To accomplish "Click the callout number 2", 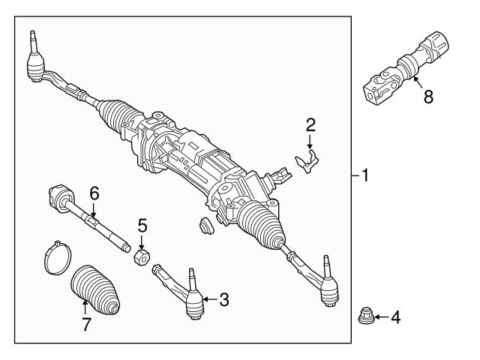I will pos(310,124).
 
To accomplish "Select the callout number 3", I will pos(223,300).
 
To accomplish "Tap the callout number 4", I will pos(394,317).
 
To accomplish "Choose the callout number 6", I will pos(93,193).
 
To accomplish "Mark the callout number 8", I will pos(427,97).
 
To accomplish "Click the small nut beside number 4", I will pos(365,316).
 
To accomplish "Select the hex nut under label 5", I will pos(140,257).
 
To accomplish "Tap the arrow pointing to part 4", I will pos(380,317).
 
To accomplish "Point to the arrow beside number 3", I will pos(209,300).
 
